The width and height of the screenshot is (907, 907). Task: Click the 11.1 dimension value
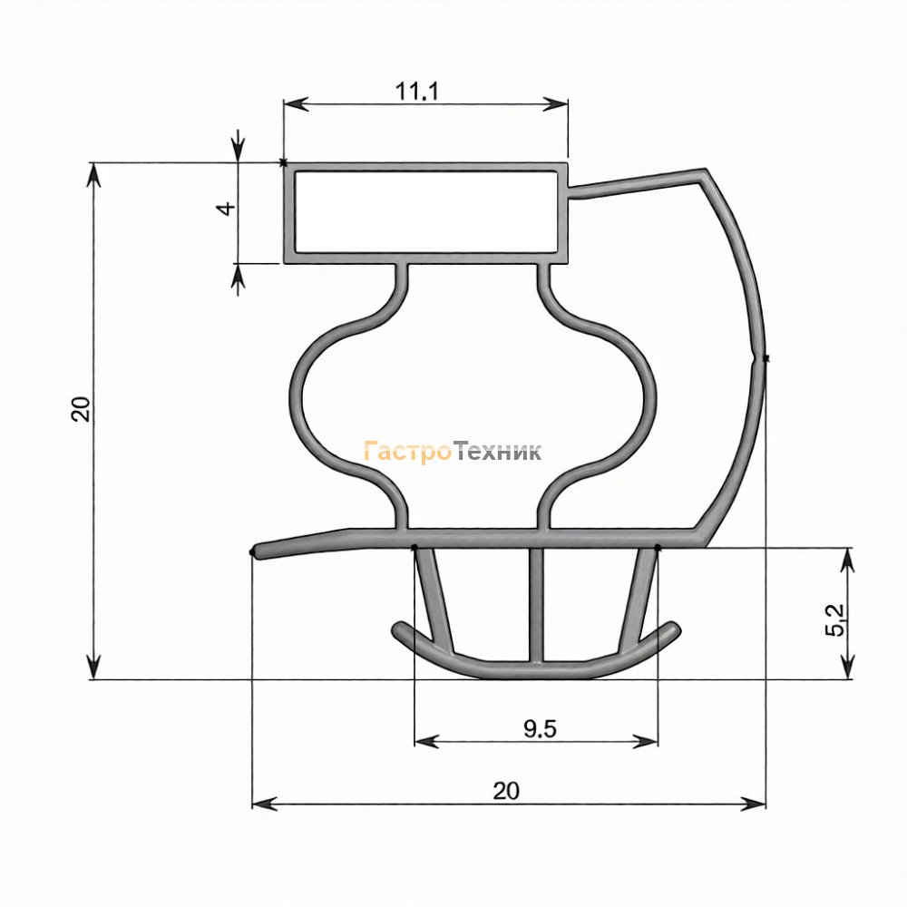417,92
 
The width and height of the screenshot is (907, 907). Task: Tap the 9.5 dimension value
541,729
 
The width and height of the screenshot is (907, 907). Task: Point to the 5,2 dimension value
834,619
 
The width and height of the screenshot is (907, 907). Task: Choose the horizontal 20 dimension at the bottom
506,790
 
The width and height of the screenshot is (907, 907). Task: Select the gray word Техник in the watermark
497,451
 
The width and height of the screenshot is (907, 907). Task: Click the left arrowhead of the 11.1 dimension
296,104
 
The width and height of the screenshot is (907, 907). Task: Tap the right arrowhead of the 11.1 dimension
555,104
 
